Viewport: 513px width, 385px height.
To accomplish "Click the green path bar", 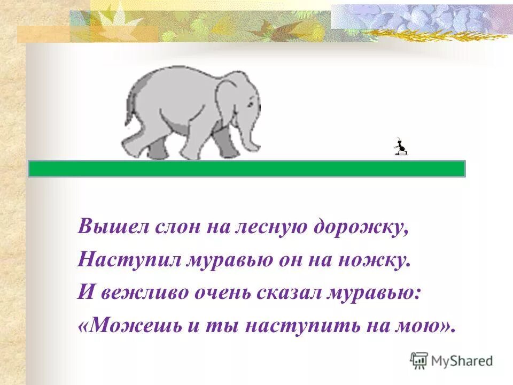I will click(x=246, y=168).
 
